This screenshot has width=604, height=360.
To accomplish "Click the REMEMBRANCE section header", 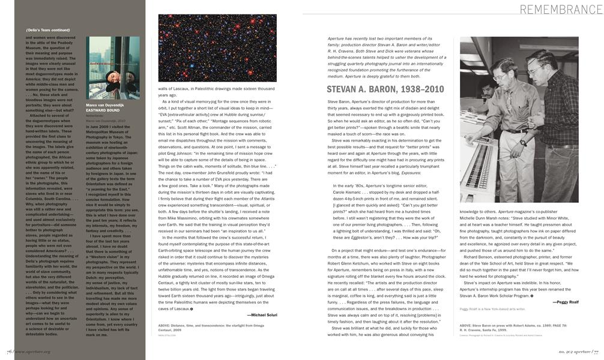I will click(561, 9).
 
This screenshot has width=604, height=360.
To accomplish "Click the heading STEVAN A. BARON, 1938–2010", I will click(385, 89).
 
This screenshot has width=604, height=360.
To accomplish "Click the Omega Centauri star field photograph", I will click(217, 48).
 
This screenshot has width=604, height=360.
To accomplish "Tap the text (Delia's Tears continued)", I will click(48, 29).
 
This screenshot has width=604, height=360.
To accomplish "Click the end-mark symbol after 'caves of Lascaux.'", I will click(192, 308).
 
